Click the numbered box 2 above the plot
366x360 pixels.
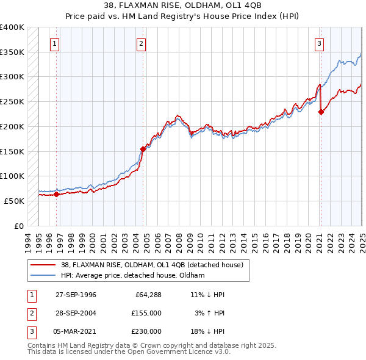[141, 43]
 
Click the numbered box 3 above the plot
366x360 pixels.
[319, 43]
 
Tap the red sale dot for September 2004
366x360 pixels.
[143, 148]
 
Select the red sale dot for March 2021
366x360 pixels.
[321, 112]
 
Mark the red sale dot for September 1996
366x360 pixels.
[57, 195]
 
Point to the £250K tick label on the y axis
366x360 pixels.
[12, 101]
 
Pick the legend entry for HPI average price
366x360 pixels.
[132, 275]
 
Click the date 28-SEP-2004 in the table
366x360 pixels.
[76, 313]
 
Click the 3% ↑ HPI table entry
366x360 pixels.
[210, 313]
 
